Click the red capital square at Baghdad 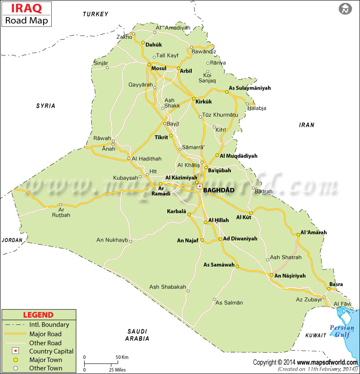click(x=199, y=186)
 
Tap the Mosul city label click(x=159, y=68)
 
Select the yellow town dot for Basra click(x=329, y=289)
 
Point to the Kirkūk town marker click(x=193, y=99)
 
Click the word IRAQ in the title click(x=19, y=8)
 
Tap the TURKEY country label click(x=95, y=14)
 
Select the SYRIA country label click(x=45, y=106)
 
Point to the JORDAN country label click(x=12, y=240)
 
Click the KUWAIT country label click(x=315, y=335)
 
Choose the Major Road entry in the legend click(x=45, y=334)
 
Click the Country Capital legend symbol click(x=15, y=351)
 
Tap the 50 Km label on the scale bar click(x=122, y=357)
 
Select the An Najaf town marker click(x=202, y=240)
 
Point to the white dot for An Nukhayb click(x=130, y=241)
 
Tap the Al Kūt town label click(x=243, y=218)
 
